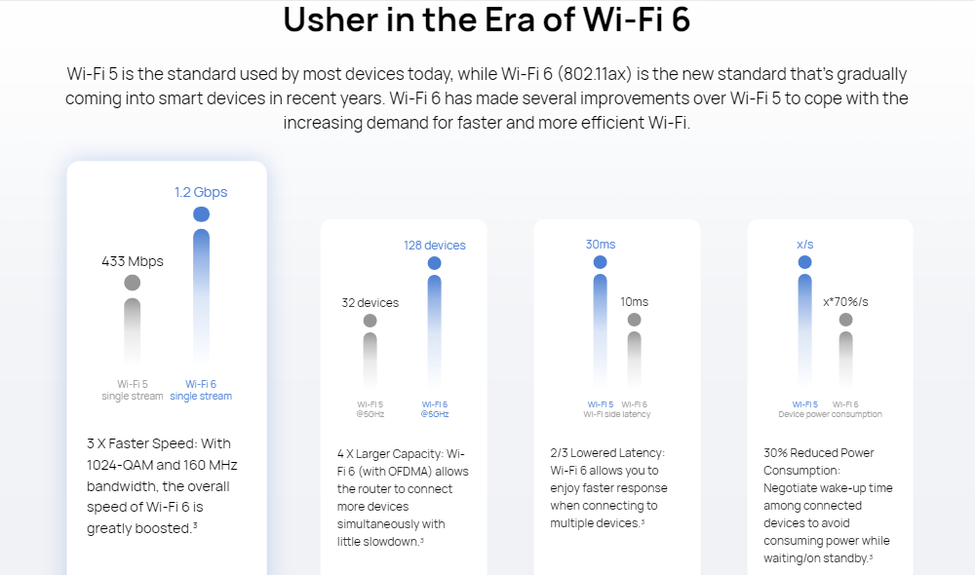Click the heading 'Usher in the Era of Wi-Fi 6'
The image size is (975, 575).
[487, 20]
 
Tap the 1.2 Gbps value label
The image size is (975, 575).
[201, 192]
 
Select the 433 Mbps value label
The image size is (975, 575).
[133, 261]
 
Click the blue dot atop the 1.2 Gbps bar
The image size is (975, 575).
[202, 214]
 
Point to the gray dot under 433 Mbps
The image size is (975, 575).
[133, 283]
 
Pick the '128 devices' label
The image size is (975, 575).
[435, 245]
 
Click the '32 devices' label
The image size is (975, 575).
[370, 302]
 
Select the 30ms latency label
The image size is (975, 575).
[601, 244]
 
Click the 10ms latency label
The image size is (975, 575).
[634, 301]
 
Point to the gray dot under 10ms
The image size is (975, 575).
[635, 320]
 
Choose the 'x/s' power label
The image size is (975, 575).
[804, 244]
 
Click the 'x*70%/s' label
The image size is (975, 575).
[845, 301]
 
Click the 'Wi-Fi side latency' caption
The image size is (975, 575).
[617, 414]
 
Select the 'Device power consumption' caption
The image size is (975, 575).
[830, 414]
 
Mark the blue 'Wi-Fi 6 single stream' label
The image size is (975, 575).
[201, 390]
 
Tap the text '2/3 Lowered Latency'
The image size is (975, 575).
[606, 453]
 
